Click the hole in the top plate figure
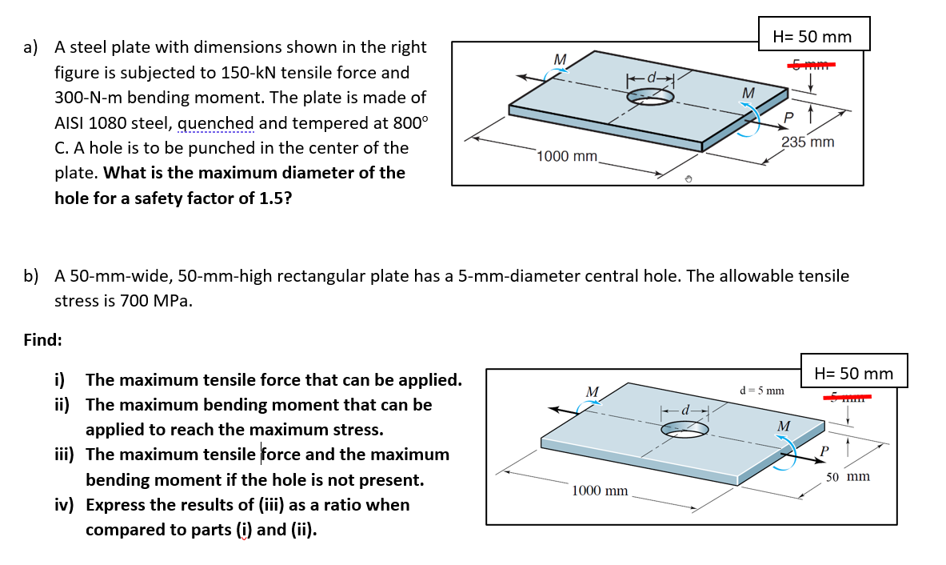[x=649, y=96]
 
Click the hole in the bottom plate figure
[x=684, y=430]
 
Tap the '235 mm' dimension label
[x=807, y=142]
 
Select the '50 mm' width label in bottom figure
[x=848, y=477]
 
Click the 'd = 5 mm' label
[x=761, y=391]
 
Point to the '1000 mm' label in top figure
[x=567, y=155]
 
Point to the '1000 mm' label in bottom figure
[x=600, y=490]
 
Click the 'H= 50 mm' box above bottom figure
[x=853, y=374]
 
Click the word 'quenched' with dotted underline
[x=214, y=123]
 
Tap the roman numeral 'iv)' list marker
[x=66, y=505]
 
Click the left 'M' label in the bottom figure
[x=593, y=391]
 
